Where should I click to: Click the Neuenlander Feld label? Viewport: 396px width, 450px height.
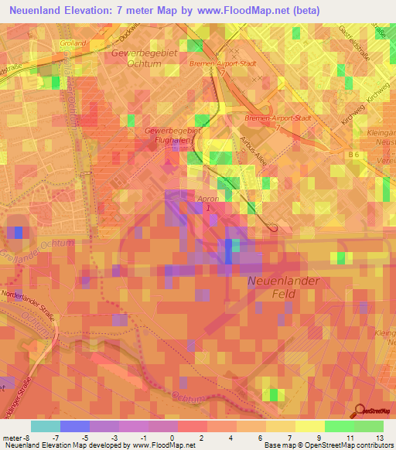point(283,288)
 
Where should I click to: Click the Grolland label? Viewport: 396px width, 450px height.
point(73,45)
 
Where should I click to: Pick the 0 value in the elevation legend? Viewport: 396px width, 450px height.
point(171,438)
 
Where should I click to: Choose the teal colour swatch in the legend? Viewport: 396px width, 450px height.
point(46,426)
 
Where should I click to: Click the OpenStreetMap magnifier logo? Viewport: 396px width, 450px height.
point(360,411)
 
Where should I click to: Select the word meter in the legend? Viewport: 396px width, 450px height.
point(9,438)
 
